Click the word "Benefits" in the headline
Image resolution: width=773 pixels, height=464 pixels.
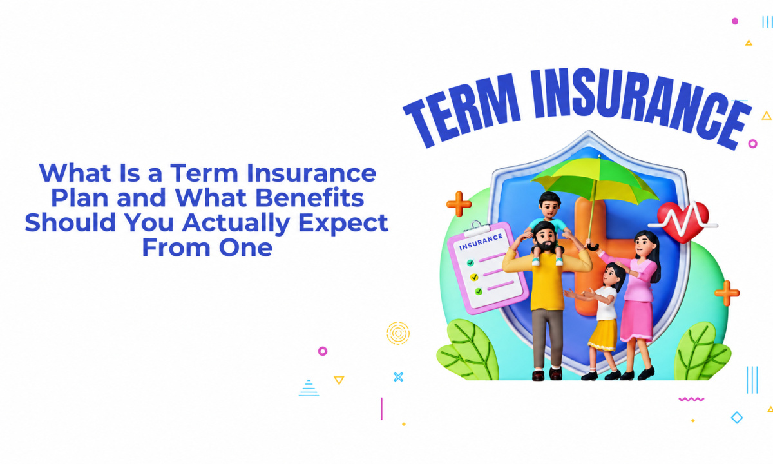tap(310, 198)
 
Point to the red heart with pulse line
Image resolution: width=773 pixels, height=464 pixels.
tap(683, 222)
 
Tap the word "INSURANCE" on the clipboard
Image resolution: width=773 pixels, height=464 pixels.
tap(481, 241)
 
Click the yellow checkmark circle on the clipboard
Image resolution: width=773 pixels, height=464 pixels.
tap(474, 277)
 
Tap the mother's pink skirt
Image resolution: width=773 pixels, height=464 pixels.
tap(637, 321)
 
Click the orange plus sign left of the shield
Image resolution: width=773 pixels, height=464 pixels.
tap(459, 204)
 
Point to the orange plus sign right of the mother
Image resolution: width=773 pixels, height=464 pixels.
tap(727, 293)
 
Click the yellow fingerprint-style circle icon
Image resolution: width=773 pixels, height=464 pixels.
tap(398, 333)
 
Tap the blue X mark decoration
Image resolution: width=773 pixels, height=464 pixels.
tap(398, 376)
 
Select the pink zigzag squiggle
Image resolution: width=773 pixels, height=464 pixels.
tap(691, 399)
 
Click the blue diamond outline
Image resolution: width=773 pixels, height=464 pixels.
tap(737, 418)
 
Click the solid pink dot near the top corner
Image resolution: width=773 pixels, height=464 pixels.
tap(735, 21)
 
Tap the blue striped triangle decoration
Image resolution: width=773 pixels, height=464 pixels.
tap(309, 388)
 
